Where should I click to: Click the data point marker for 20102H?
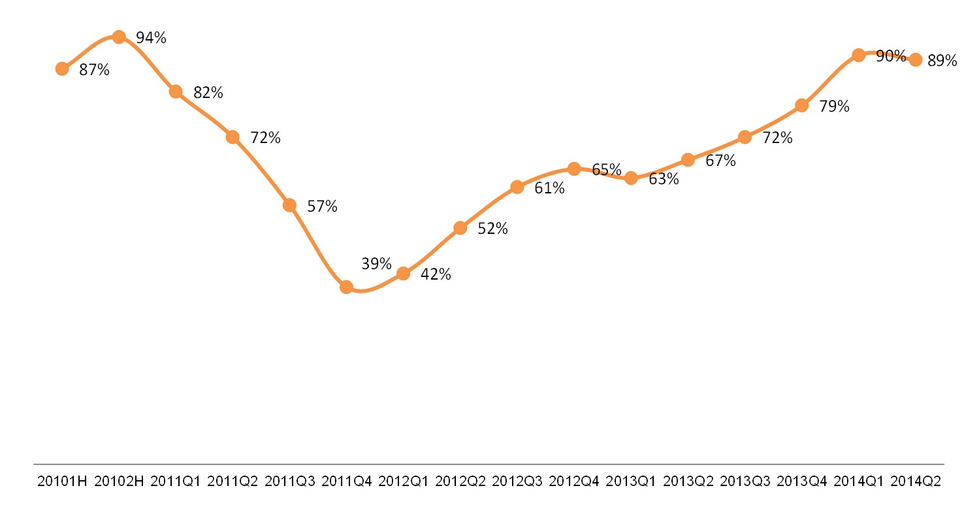(x=119, y=37)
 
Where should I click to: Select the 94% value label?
(x=151, y=38)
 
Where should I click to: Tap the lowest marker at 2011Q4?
(x=346, y=287)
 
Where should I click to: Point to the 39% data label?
(x=376, y=264)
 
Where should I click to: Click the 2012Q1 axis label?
(x=403, y=481)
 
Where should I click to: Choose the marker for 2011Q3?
(x=289, y=205)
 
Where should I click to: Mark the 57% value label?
(x=322, y=206)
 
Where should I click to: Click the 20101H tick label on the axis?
(x=62, y=481)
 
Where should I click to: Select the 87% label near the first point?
(x=94, y=70)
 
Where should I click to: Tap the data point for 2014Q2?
(x=916, y=59)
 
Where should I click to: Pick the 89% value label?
(x=942, y=61)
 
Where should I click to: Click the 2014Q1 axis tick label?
(x=859, y=481)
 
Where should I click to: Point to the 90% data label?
(x=891, y=56)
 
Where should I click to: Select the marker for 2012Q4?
(x=574, y=169)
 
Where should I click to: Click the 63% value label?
(x=664, y=179)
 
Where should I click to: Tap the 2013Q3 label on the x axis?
(x=745, y=481)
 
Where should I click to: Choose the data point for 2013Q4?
(x=802, y=105)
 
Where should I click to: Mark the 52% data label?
(x=492, y=229)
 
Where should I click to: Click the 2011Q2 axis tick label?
(x=233, y=481)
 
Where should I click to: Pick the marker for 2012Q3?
(x=517, y=187)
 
